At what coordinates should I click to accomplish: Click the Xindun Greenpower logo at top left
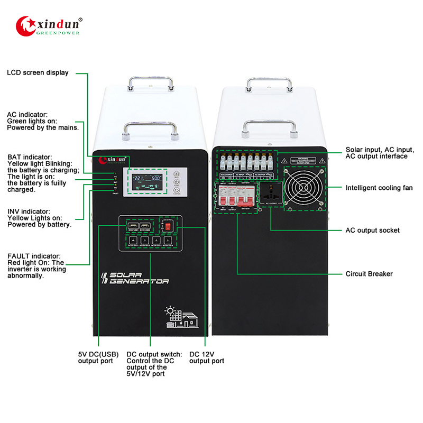[x=48, y=25]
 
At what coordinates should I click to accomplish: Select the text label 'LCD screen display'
[x=38, y=72]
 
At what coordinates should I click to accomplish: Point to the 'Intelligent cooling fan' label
[x=379, y=188]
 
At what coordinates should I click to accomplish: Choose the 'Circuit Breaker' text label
[x=369, y=274]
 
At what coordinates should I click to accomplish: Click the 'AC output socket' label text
[x=373, y=231]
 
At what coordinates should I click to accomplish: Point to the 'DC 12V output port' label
[x=206, y=357]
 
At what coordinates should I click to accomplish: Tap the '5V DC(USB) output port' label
[x=96, y=357]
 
